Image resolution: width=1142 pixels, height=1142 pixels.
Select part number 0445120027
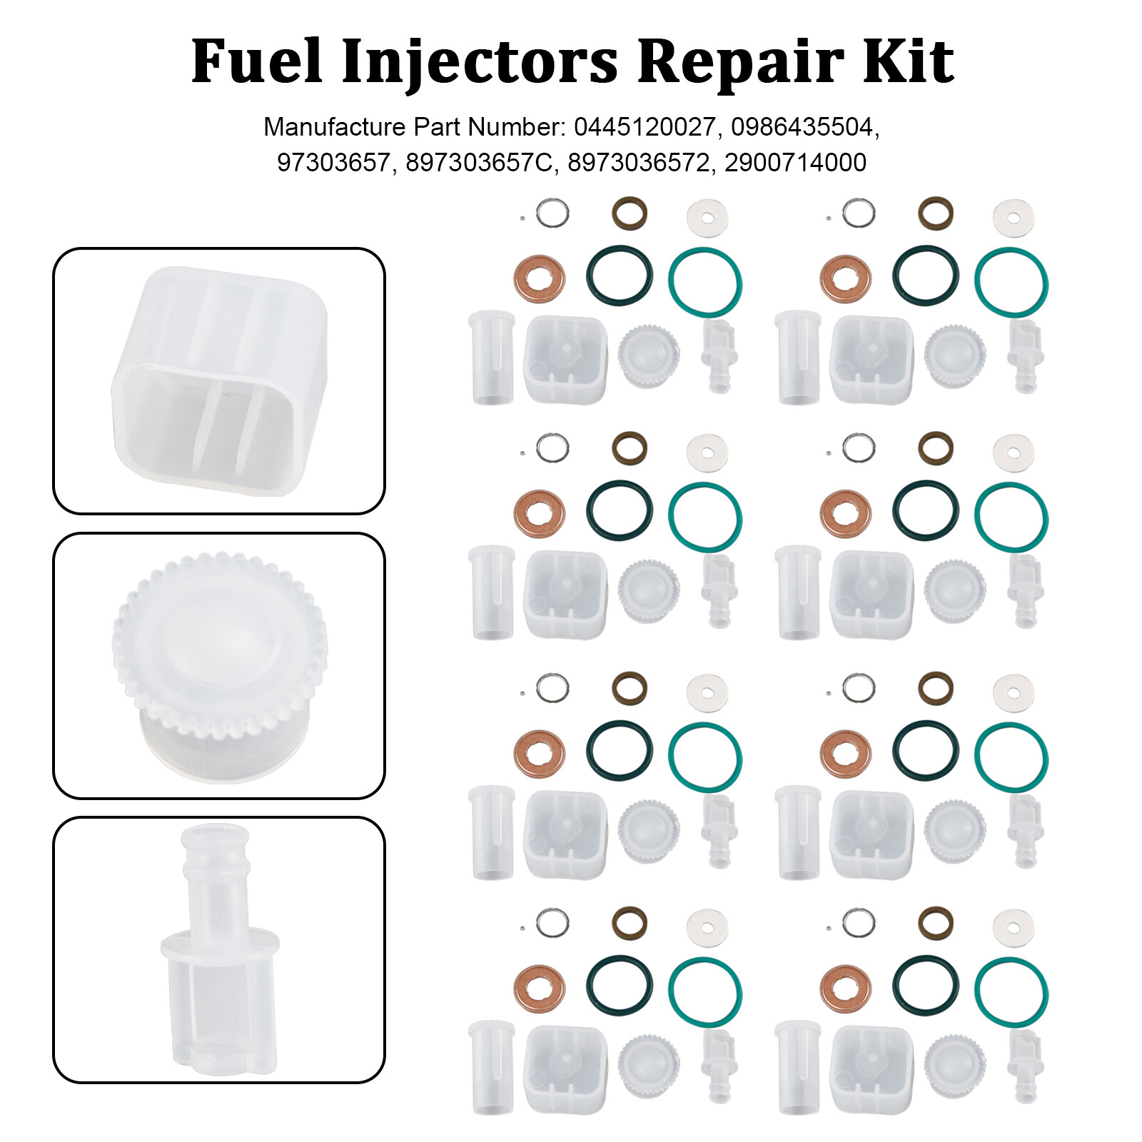click(644, 127)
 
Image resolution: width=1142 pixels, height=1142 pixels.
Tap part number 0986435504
click(802, 127)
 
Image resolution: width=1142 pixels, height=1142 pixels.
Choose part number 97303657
click(333, 163)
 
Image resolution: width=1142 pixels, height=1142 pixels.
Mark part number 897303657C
click(479, 163)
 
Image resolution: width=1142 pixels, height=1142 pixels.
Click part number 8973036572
click(639, 163)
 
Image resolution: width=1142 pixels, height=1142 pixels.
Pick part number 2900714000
click(795, 163)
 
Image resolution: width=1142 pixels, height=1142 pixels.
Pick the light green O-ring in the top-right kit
click(1011, 282)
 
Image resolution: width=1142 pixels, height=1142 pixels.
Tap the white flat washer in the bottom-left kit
click(707, 929)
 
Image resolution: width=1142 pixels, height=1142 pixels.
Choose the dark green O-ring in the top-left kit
click(619, 276)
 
